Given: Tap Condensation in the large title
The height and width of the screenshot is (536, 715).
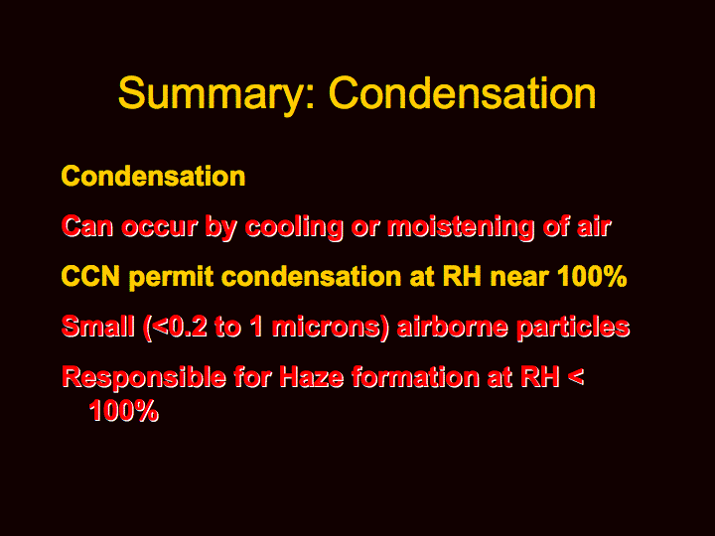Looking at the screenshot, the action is pos(463,92).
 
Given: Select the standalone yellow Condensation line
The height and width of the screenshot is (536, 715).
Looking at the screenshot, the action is pos(153,176).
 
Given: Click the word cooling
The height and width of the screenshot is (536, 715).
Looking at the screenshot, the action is pos(294,227).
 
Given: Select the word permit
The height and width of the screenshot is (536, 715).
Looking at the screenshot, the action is pos(171,277).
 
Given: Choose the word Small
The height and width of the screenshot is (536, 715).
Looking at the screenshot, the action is pos(98,327).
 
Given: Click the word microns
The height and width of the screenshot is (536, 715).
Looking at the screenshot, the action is pos(326,327).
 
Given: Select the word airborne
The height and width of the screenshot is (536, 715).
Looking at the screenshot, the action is pos(453,327).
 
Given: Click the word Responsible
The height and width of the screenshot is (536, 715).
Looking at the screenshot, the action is pos(144,378).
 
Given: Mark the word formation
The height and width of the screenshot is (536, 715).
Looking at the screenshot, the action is pos(415,377).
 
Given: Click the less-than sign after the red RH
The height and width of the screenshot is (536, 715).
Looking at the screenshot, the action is pos(576,377).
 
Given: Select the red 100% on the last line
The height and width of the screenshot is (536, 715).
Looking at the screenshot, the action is pos(123,410).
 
